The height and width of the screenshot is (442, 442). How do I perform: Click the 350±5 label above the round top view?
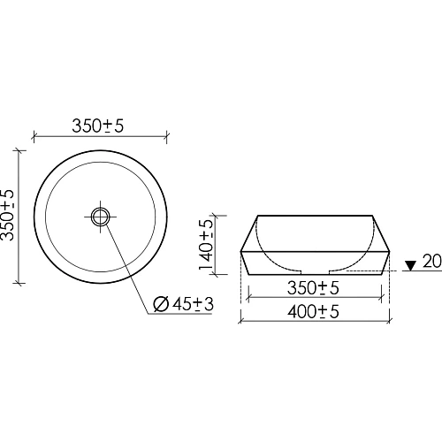pyautogui.click(x=97, y=126)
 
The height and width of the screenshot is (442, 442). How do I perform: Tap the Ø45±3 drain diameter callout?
pyautogui.click(x=184, y=305)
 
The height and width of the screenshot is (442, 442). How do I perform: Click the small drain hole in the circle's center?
pyautogui.click(x=101, y=216)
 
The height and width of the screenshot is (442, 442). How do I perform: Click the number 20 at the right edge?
pyautogui.click(x=431, y=263)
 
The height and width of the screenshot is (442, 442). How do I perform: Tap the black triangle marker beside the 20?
pyautogui.click(x=409, y=264)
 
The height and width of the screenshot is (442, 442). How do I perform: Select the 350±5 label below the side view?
pyautogui.click(x=316, y=288)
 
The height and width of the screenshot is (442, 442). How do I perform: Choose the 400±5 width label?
pyautogui.click(x=316, y=311)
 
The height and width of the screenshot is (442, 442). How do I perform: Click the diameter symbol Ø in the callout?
pyautogui.click(x=161, y=305)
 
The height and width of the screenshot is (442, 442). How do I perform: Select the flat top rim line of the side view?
pyautogui.click(x=316, y=216)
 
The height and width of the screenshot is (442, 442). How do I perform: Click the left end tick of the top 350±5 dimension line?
pyautogui.click(x=34, y=137)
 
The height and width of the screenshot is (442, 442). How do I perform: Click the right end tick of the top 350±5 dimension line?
pyautogui.click(x=167, y=137)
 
